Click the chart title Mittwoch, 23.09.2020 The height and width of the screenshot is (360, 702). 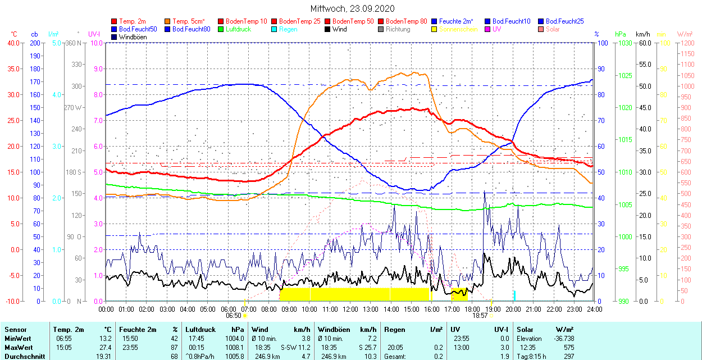(x=352, y=8)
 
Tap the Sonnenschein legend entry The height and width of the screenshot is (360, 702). (x=458, y=29)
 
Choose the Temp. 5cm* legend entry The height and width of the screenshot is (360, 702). (x=188, y=21)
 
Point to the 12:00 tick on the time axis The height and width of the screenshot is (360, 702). (x=350, y=309)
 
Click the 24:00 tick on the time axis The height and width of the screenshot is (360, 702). (x=595, y=309)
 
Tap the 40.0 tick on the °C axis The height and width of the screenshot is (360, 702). (x=12, y=43)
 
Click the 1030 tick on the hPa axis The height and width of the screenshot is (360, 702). (x=624, y=43)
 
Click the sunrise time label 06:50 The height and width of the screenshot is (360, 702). (x=234, y=316)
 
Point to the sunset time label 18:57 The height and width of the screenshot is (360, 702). (x=480, y=316)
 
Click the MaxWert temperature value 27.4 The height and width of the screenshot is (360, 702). (x=105, y=348)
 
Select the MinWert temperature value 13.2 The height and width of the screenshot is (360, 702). (x=105, y=339)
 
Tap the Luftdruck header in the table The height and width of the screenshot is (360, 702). (x=200, y=330)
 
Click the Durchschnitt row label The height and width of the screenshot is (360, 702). (x=24, y=356)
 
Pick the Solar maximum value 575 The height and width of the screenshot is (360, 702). (x=568, y=348)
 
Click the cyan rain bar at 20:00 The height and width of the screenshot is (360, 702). (x=514, y=295)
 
